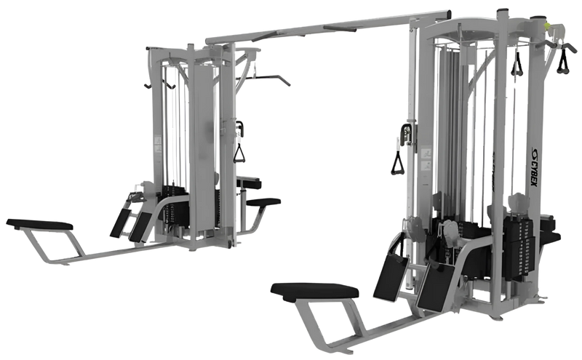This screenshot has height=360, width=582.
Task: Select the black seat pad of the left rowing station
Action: [x=40, y=223]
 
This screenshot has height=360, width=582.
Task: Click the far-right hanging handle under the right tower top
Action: [x=562, y=64]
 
